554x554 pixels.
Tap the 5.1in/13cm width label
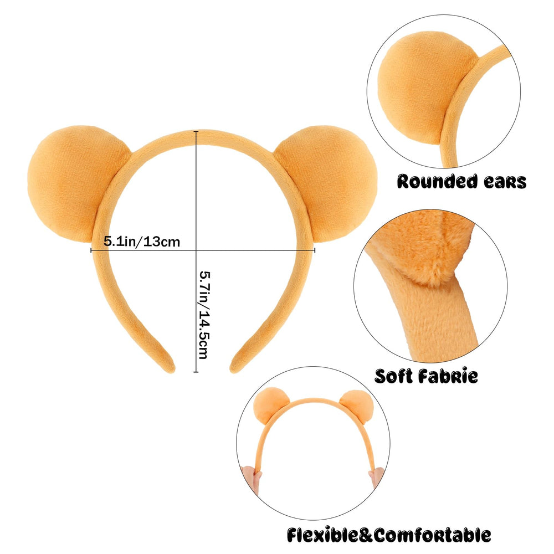[x=142, y=242]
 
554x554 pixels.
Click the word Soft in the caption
[x=393, y=376]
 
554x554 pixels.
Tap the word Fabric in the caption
[x=448, y=376]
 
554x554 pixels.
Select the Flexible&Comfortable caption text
[x=389, y=535]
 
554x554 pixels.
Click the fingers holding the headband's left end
[x=252, y=479]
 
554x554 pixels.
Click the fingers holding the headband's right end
[x=377, y=477]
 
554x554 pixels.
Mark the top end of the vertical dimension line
[x=196, y=131]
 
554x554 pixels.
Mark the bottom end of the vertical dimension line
[x=196, y=372]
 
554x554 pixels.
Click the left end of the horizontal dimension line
[x=91, y=250]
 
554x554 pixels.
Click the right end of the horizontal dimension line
[x=315, y=250]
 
